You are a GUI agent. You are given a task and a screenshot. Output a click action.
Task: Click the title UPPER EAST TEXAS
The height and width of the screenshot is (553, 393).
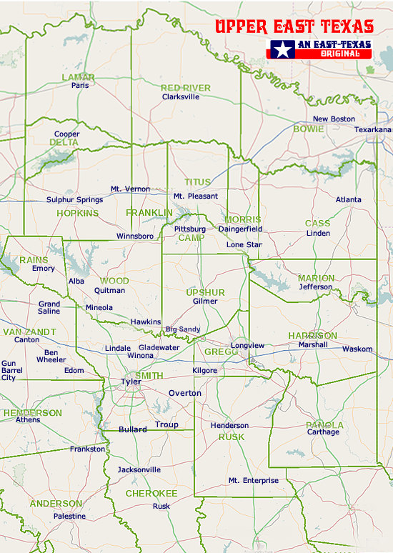tap(294, 27)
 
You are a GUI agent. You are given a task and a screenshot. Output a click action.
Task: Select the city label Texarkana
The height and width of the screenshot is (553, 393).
tap(373, 129)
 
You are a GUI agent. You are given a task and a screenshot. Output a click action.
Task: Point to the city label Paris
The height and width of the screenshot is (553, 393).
tap(79, 85)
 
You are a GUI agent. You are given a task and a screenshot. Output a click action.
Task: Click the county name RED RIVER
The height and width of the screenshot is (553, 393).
tap(185, 88)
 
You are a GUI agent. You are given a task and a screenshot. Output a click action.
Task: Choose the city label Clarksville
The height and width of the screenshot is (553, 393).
tap(181, 96)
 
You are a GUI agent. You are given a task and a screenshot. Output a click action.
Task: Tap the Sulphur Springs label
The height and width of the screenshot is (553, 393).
tap(74, 200)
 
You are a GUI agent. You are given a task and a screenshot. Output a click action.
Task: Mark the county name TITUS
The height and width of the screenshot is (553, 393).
tap(198, 182)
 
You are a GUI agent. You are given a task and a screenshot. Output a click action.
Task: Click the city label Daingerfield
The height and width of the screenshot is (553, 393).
tap(240, 229)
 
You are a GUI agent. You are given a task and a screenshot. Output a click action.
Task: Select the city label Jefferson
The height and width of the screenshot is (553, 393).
tap(315, 287)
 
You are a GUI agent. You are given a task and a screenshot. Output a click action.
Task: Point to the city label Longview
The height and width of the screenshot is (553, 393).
tap(247, 346)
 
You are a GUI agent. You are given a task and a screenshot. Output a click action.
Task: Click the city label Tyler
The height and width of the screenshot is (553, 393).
tap(131, 382)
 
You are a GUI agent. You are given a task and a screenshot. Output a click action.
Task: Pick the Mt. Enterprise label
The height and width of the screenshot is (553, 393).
tap(253, 481)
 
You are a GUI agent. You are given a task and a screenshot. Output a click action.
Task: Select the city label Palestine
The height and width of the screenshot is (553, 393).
tap(69, 516)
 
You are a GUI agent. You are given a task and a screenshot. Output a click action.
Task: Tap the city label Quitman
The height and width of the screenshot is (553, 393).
tap(109, 291)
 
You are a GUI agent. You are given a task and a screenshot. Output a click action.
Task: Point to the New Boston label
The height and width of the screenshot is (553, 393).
tap(334, 119)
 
